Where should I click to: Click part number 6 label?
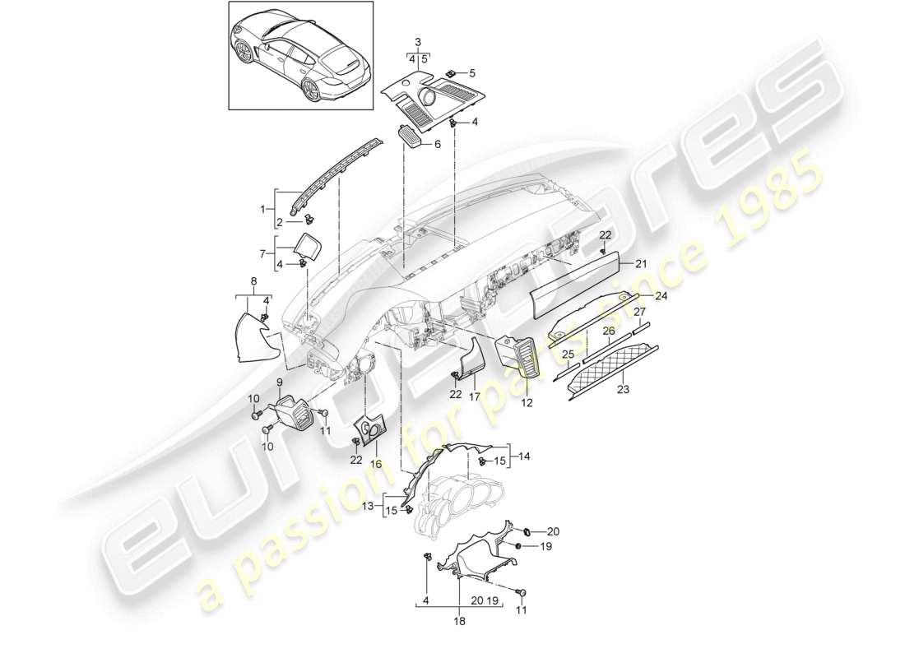click(438, 143)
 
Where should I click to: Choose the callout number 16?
click(376, 464)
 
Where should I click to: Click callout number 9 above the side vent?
click(280, 382)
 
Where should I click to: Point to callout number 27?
click(638, 312)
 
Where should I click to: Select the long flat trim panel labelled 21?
click(576, 285)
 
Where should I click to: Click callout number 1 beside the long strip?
click(263, 210)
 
